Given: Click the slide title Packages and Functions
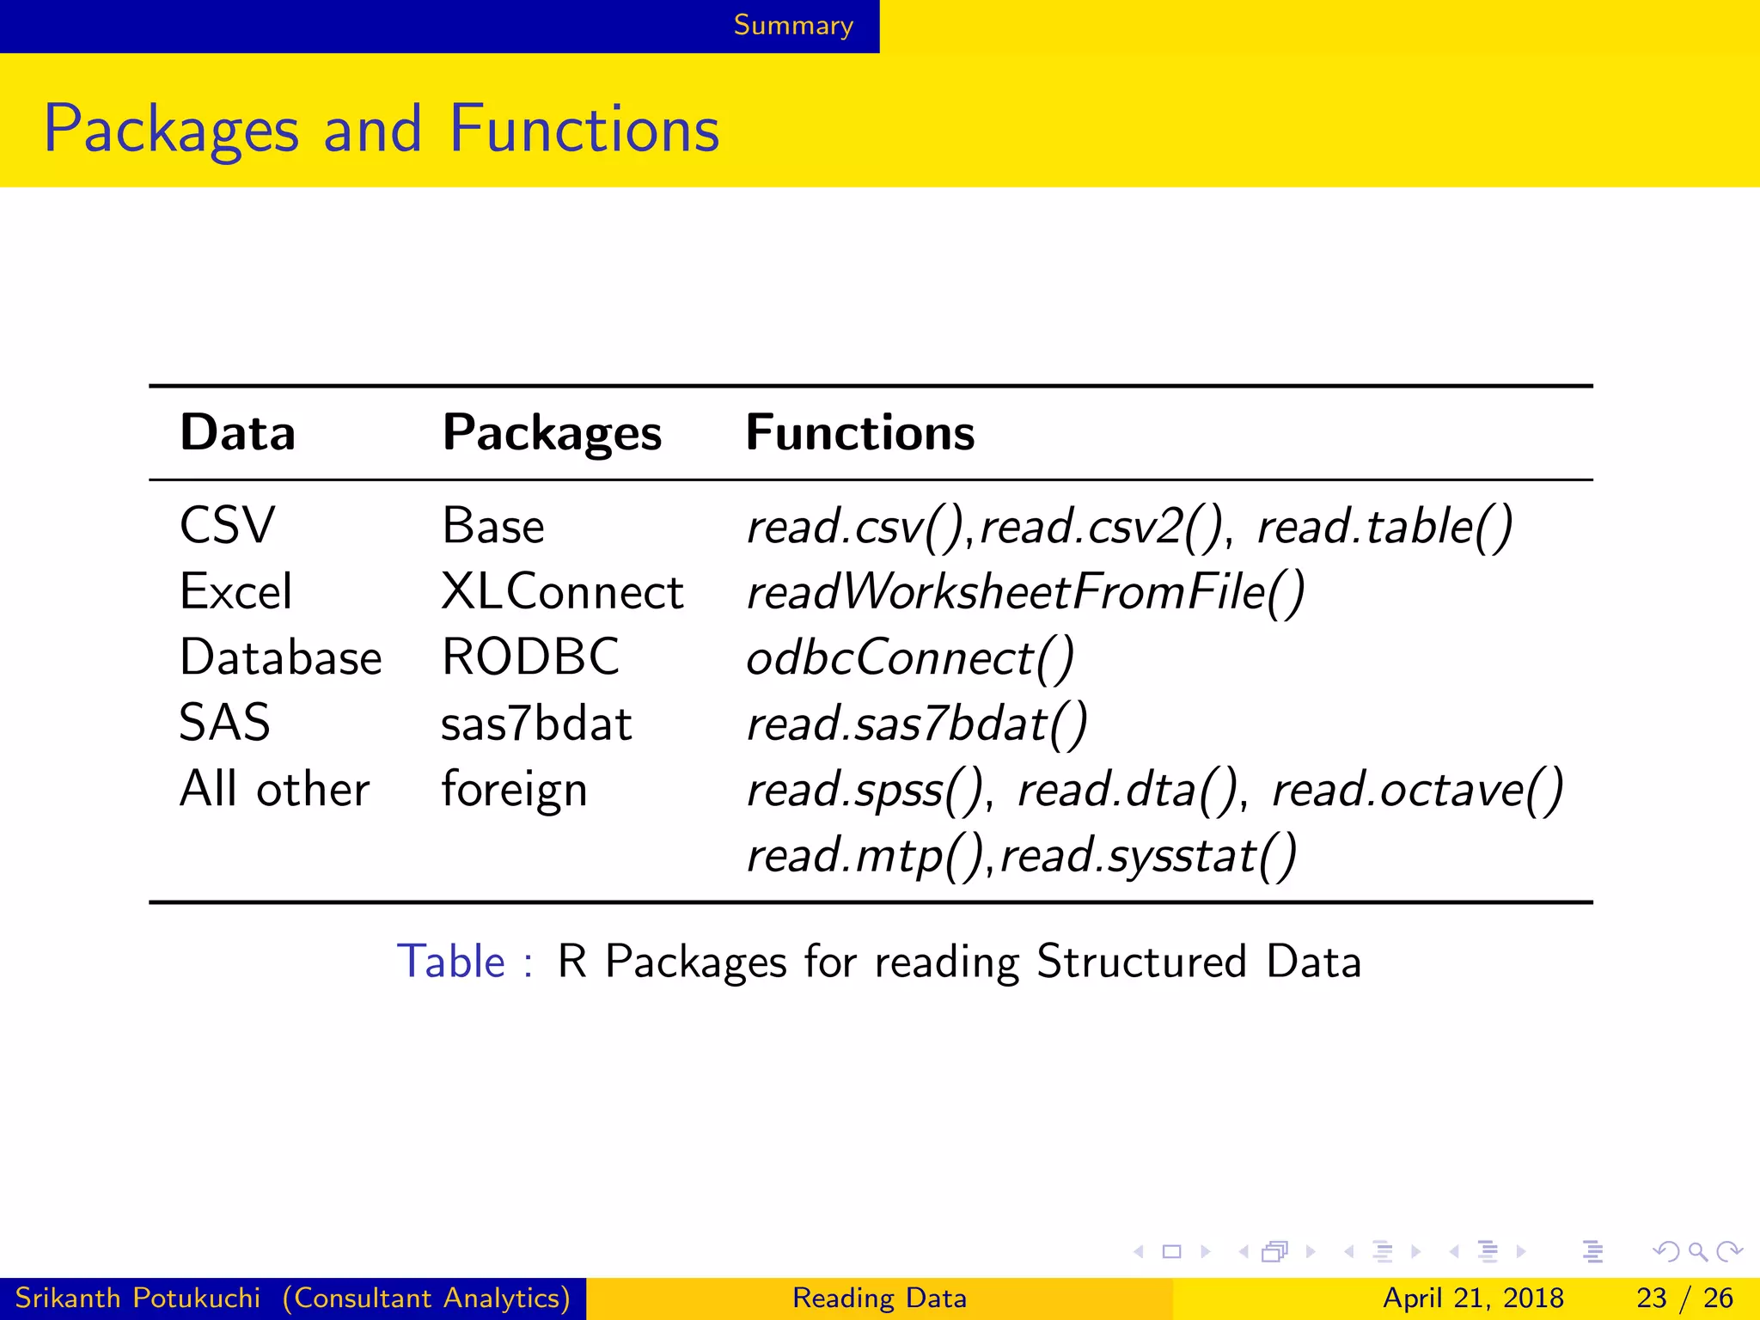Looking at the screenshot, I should [382, 129].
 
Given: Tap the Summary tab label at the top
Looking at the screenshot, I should [792, 26].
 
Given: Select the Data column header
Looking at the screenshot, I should [238, 432].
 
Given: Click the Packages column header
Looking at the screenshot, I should [552, 432].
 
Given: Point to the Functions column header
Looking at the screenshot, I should [860, 432].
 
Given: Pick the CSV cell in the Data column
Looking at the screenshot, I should [227, 525].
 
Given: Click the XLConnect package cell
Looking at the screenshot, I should [562, 592].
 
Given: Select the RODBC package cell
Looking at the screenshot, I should [530, 657].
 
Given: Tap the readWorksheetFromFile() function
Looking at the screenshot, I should [1025, 592].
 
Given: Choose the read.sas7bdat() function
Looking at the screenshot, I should [917, 724].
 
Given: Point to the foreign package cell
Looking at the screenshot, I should [514, 790].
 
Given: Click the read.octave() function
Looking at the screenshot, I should [1417, 790].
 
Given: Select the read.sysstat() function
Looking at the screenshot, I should [1148, 856].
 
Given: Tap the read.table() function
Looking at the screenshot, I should [1384, 526].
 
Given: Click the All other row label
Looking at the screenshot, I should [274, 789].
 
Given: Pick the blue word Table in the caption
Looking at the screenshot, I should [451, 961].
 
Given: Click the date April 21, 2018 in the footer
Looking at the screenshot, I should [1473, 1298].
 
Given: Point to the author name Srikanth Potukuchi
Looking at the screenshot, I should [137, 1298].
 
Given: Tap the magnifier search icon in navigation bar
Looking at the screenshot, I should [1697, 1251].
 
